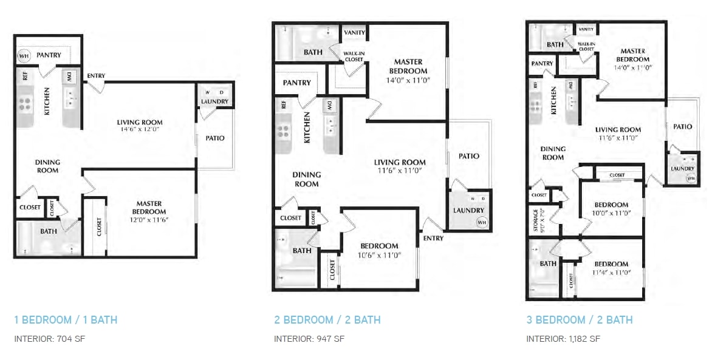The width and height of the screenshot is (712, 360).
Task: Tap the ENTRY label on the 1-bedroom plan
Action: [96, 76]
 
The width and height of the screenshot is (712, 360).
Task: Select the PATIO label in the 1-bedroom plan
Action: [215, 138]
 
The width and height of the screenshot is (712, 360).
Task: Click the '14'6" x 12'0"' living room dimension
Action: [140, 129]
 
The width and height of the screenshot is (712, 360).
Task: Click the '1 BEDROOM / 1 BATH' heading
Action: [66, 319]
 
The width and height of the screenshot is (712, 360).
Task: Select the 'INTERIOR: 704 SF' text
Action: [49, 338]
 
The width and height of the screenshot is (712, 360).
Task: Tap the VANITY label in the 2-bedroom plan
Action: [354, 32]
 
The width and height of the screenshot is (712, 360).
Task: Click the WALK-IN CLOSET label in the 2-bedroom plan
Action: [354, 56]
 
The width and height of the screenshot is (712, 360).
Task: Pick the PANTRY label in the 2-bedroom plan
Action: [297, 83]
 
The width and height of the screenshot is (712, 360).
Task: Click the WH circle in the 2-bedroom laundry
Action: [482, 223]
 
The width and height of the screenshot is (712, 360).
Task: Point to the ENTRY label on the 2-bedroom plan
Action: [433, 238]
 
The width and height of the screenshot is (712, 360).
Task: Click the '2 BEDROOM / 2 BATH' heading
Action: [327, 319]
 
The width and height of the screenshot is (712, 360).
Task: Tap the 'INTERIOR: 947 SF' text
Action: [309, 338]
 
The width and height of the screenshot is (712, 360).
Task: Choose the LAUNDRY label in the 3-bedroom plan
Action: [682, 169]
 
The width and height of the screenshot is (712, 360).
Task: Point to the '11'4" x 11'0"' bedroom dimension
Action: [611, 272]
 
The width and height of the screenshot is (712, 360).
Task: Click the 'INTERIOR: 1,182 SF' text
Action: [563, 338]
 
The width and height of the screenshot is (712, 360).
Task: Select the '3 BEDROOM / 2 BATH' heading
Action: [579, 319]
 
